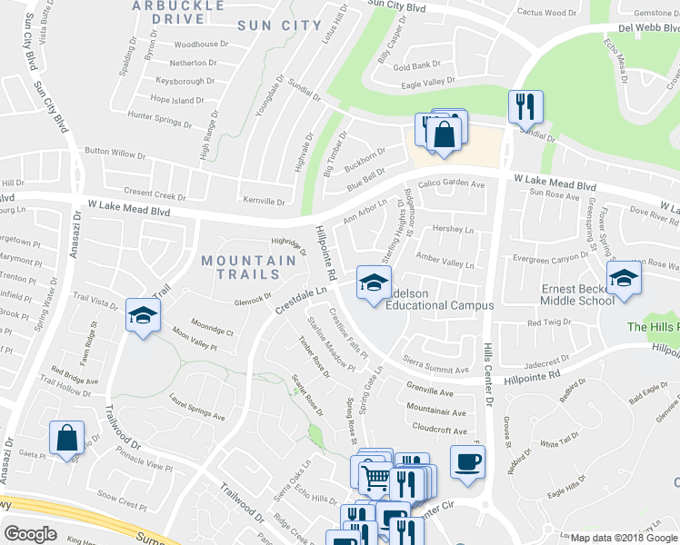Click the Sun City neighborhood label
(280, 25)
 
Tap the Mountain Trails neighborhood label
(248, 267)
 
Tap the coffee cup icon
(467, 461)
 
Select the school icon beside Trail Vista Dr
(142, 315)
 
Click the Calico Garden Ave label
(452, 183)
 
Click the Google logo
(30, 534)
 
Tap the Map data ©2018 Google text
(624, 538)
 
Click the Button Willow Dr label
(121, 151)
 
